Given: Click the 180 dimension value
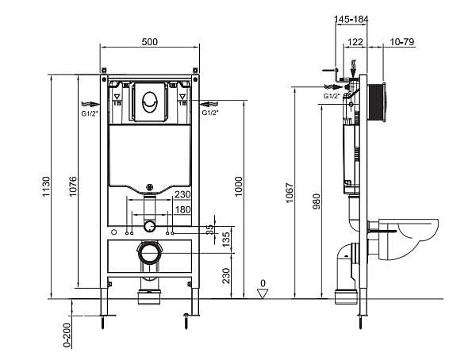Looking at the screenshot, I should click(x=182, y=209).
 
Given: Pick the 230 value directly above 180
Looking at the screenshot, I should click(x=182, y=195).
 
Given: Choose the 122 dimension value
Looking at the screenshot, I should click(x=355, y=42).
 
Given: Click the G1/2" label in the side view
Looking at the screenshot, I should click(x=332, y=96).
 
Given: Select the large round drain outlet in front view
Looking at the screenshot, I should click(x=148, y=255).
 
